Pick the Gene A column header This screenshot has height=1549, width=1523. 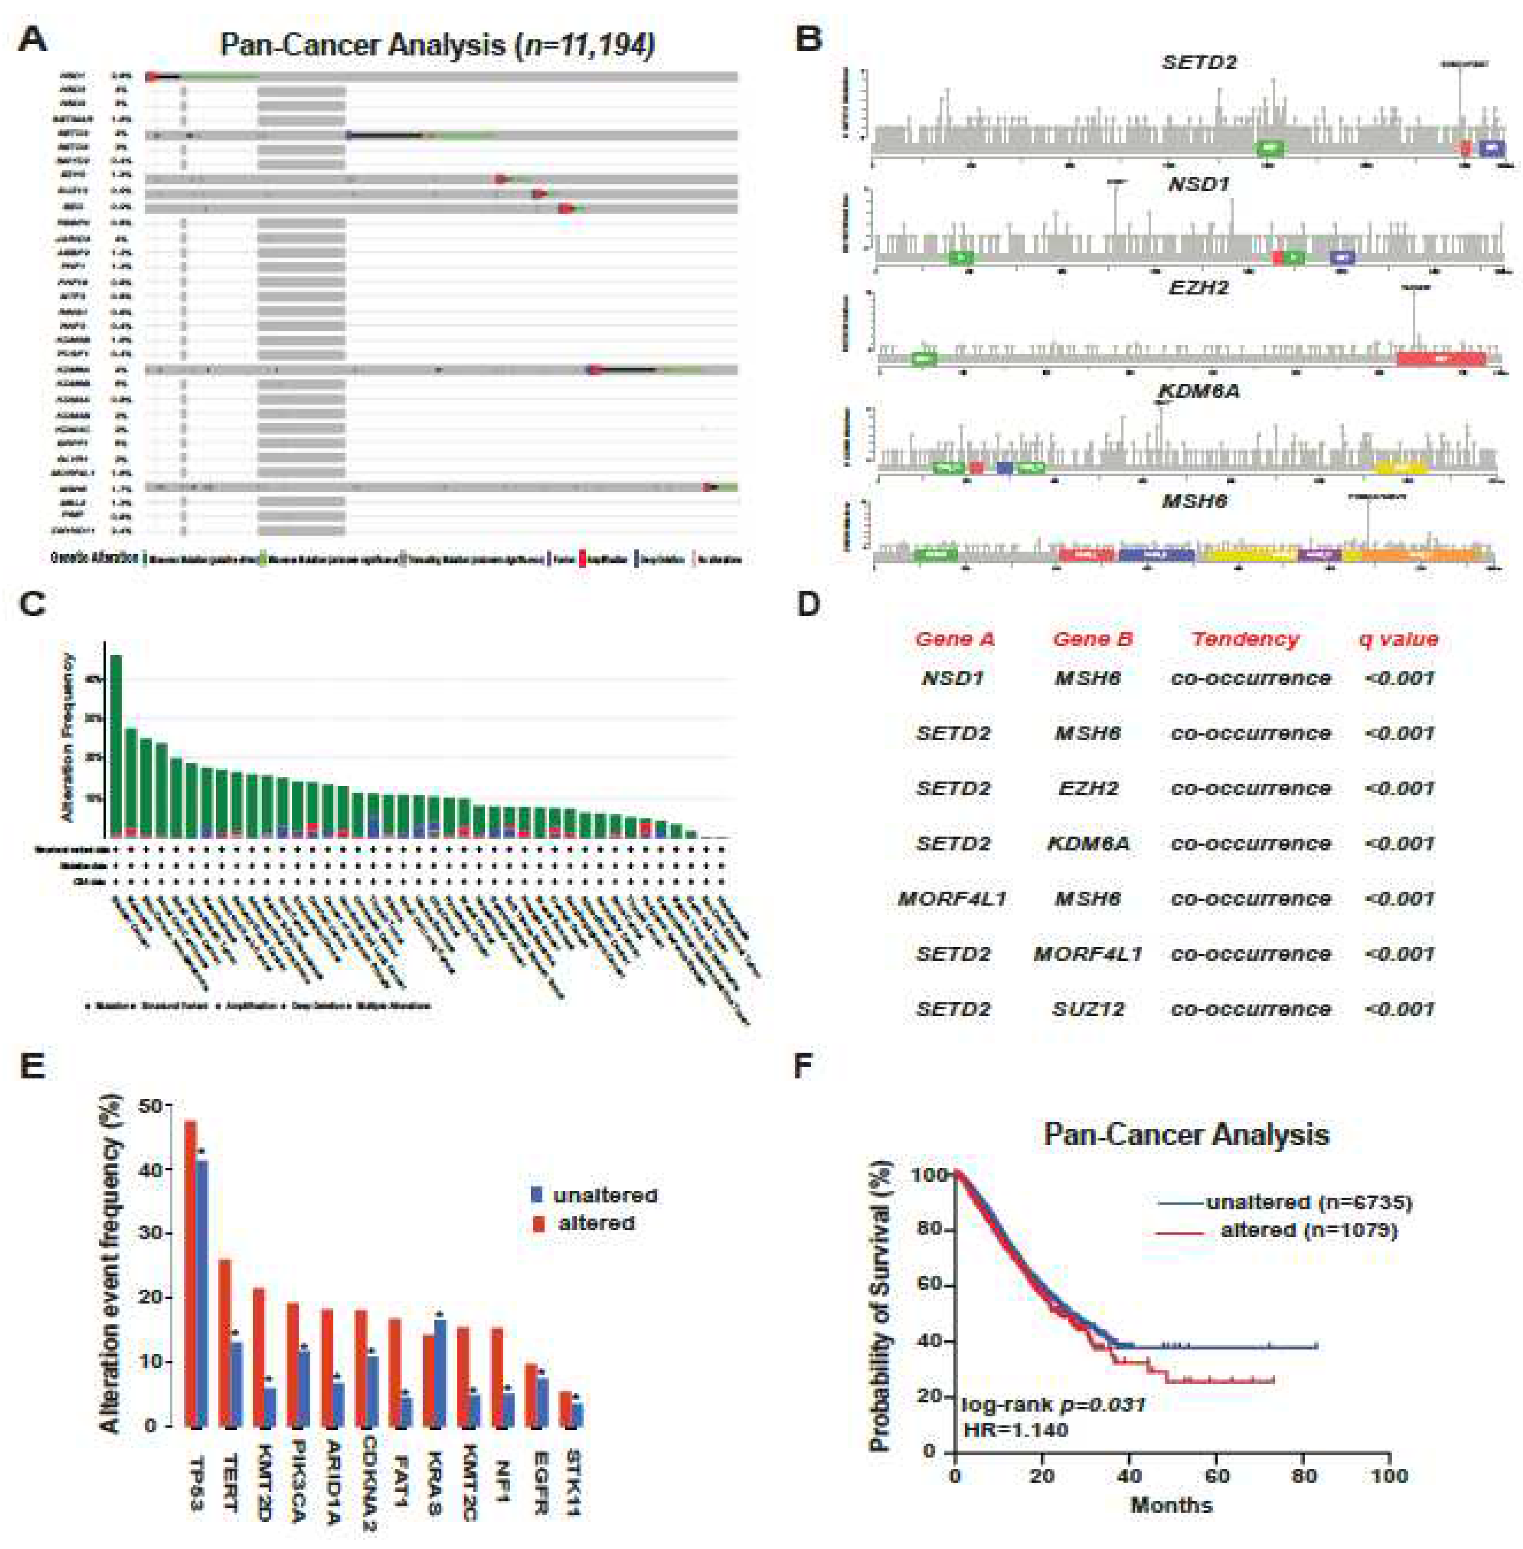pos(954,639)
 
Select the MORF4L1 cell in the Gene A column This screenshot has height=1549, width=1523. pos(952,899)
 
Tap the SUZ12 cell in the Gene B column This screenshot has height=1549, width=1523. pos(1088,1009)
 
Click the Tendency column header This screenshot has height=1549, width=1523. pos(1246,639)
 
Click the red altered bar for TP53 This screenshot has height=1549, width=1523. pos(190,1272)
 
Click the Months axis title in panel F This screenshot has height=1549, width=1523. pos(1171,1505)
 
